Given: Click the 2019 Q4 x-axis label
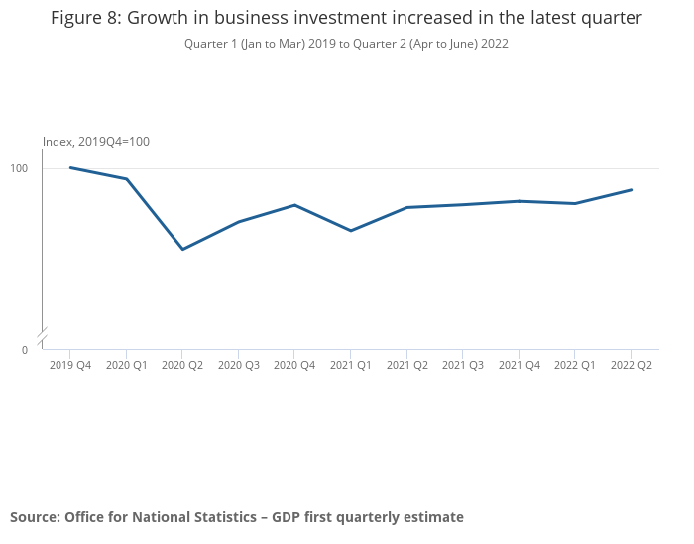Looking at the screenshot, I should (x=70, y=366).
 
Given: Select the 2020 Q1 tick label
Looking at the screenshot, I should (x=126, y=366).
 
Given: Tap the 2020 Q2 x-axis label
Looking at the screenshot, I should (x=182, y=366).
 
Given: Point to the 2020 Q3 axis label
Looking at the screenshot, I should (x=239, y=366).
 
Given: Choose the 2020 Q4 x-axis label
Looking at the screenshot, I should (x=294, y=366).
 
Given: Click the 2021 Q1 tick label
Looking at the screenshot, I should (x=351, y=366).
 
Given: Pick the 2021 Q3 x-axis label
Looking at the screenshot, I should (x=463, y=366).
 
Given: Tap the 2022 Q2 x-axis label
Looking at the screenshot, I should (x=632, y=366).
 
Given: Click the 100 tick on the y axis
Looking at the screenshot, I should (x=20, y=169).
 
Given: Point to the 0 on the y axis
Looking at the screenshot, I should (x=26, y=350).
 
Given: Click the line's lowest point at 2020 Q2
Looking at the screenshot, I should (x=182, y=249).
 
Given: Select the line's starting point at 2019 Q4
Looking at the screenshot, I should (x=70, y=167).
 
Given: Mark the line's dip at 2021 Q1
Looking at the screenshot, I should (x=351, y=231).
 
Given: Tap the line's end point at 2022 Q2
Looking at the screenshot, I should (x=632, y=189).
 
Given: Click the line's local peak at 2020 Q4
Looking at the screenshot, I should (x=294, y=205).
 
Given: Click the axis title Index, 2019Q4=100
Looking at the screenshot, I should (x=96, y=142).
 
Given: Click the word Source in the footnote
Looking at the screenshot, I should (x=34, y=517).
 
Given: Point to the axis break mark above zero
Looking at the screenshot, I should (x=43, y=337).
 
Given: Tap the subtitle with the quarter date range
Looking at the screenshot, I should (x=346, y=45).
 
